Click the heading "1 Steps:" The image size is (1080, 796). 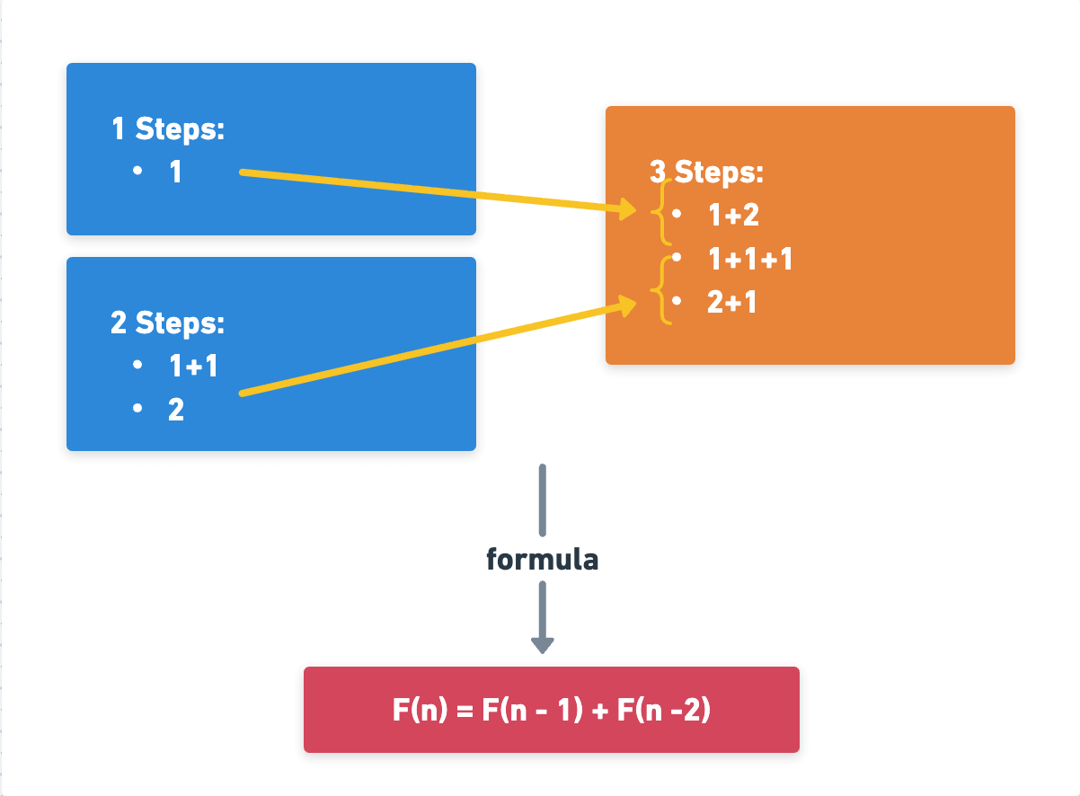click(167, 129)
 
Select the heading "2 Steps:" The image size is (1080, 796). click(167, 323)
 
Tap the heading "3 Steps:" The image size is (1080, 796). click(706, 172)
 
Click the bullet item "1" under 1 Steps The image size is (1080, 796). click(176, 172)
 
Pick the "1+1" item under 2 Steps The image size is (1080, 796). click(193, 367)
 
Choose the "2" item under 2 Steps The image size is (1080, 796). click(176, 411)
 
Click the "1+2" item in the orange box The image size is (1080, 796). click(734, 216)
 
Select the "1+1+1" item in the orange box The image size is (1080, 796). click(750, 260)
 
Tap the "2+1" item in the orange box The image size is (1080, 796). click(731, 303)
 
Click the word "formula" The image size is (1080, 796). click(542, 560)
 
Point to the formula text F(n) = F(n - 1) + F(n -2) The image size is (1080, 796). click(552, 711)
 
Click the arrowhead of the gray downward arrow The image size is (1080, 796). click(542, 644)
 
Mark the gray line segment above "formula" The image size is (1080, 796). click(542, 500)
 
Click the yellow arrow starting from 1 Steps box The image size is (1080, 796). click(431, 191)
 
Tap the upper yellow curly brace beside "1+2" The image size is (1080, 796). click(663, 213)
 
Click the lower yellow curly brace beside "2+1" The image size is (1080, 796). click(664, 290)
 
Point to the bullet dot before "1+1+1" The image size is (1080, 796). click(676, 258)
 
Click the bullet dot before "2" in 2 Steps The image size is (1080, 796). click(137, 409)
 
